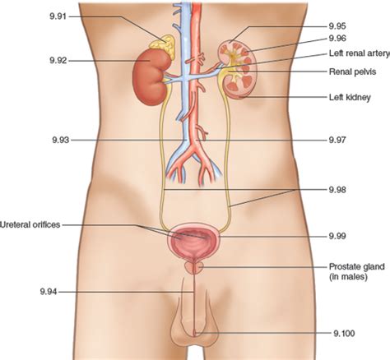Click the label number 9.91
(58, 16)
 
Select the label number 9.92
(58, 60)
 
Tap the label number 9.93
(61, 140)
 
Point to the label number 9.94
(49, 292)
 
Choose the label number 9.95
(337, 26)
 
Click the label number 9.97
(337, 140)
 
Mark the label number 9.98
(337, 190)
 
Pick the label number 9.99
(337, 236)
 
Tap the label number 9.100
(344, 334)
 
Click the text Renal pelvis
(352, 72)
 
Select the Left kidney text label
(350, 97)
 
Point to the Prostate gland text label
(356, 266)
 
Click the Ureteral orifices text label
(30, 224)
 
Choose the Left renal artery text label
(360, 53)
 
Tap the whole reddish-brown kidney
(151, 76)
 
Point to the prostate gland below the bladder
(194, 267)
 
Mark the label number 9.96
(337, 39)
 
